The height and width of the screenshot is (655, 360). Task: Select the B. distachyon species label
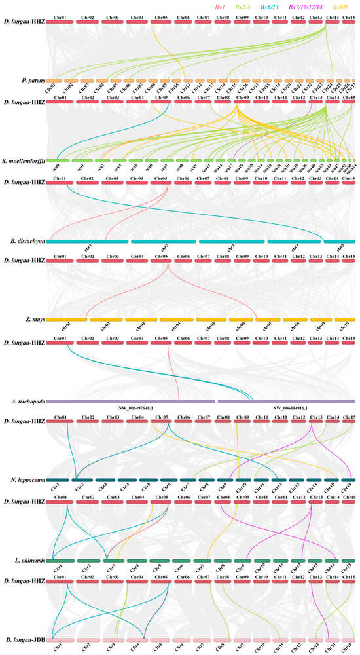coord(26,240)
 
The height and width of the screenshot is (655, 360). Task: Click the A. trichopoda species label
coord(27,400)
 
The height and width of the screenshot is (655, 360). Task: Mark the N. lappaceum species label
coord(27,480)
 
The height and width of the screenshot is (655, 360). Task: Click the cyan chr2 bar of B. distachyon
coord(163,241)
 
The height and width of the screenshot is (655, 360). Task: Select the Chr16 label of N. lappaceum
coord(345,487)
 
